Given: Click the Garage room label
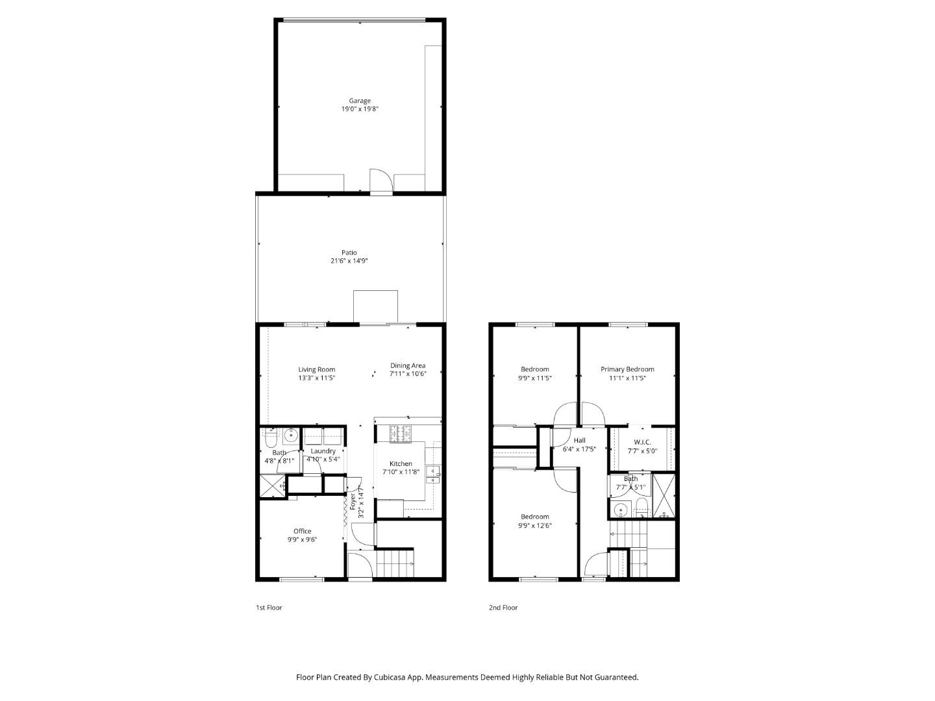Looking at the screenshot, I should point(360,101).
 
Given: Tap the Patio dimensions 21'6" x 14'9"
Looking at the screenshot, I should point(349,261).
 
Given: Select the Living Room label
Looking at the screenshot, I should point(317,369).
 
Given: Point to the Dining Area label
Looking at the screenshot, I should point(408,365).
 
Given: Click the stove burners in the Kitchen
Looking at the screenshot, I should point(401,433).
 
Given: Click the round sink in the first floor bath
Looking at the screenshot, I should point(291,434).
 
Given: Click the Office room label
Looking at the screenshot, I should point(302,531).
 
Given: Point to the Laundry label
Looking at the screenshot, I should point(323,451).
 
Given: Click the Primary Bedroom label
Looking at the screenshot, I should point(627,369).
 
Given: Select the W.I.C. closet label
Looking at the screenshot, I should point(642,442).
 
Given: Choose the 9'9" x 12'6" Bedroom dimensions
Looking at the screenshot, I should point(535,526).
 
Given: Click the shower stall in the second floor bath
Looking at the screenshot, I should point(664,497).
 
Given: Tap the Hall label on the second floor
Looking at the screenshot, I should point(579,440).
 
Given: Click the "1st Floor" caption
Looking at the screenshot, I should point(269,608).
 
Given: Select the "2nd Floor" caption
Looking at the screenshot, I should point(503,608).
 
